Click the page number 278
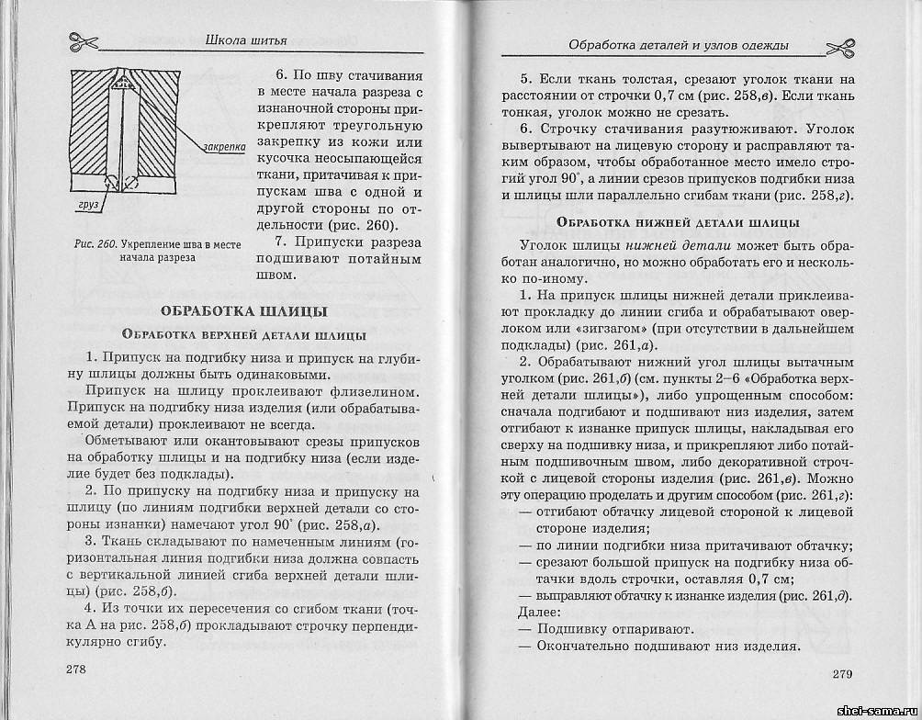[75, 669]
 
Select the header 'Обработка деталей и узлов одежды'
[679, 45]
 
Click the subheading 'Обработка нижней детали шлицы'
[680, 222]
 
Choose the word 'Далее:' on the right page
[537, 611]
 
